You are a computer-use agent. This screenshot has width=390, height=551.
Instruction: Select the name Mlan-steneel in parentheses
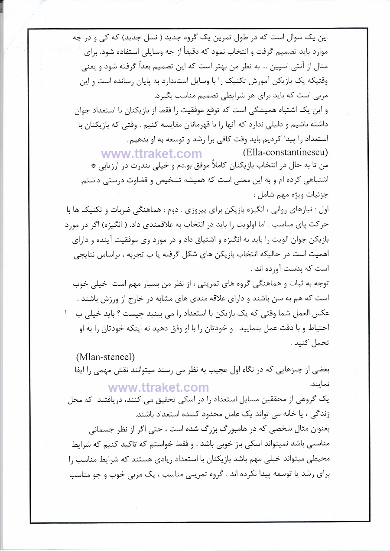[x=106, y=357]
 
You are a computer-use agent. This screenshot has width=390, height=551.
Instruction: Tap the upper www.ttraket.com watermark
[x=152, y=154]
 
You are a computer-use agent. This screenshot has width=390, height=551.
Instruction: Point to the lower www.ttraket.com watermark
[x=159, y=387]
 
